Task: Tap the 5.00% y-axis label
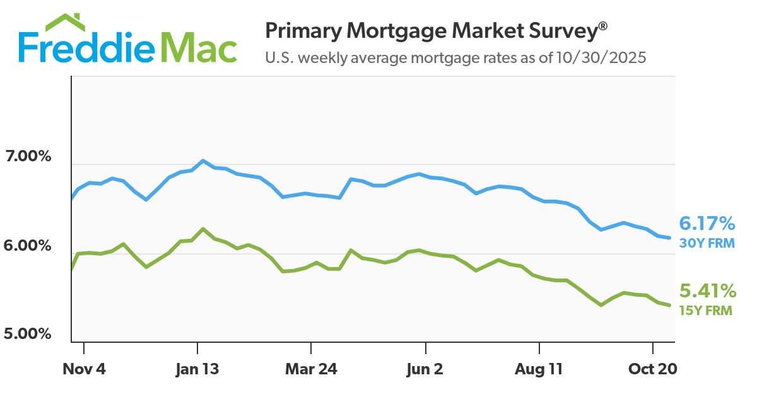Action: pos(27,333)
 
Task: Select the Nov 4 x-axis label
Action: pos(84,369)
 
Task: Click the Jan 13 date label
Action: pos(197,369)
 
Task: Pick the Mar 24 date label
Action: pos(311,369)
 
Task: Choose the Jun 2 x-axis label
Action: pos(426,369)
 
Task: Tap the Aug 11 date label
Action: pos(539,369)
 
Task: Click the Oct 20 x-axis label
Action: pos(652,369)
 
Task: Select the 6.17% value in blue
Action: pos(707,223)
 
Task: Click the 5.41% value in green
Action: pos(707,291)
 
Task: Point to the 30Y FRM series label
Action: pos(707,242)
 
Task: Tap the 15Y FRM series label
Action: pos(707,309)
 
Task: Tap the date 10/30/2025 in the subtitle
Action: pos(602,59)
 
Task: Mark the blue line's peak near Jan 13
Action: pos(202,161)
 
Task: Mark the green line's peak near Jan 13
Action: pos(202,229)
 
